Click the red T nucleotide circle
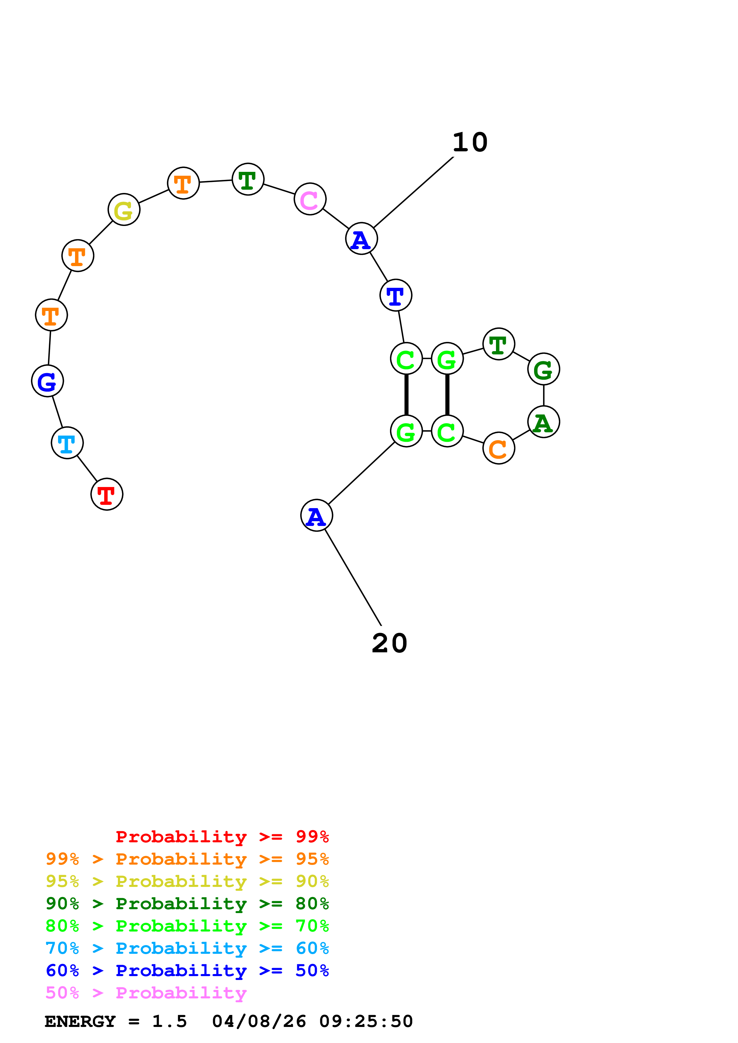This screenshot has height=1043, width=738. pyautogui.click(x=107, y=494)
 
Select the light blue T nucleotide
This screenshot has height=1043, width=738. pyautogui.click(x=67, y=443)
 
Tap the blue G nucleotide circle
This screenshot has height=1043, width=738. pyautogui.click(x=47, y=381)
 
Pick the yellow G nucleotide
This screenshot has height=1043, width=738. pyautogui.click(x=124, y=209)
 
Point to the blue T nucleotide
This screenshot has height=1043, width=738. pyautogui.click(x=396, y=295)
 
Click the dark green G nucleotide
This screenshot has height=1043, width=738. pyautogui.click(x=543, y=369)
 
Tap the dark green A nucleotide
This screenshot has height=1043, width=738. pyautogui.click(x=543, y=422)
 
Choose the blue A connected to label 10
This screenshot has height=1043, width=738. pyautogui.click(x=361, y=238)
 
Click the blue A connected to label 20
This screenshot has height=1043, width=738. pyautogui.click(x=316, y=516)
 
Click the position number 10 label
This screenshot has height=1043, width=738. pyautogui.click(x=470, y=143)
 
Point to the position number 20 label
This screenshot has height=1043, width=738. pyautogui.click(x=389, y=643)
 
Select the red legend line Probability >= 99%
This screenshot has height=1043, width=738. pyautogui.click(x=222, y=836)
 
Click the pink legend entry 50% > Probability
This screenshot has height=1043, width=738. pyautogui.click(x=146, y=992)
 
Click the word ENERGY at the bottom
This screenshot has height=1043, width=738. pyautogui.click(x=80, y=1022)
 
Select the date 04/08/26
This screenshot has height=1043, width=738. pyautogui.click(x=259, y=1022)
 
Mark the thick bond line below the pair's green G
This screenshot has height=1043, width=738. pyautogui.click(x=447, y=394)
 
